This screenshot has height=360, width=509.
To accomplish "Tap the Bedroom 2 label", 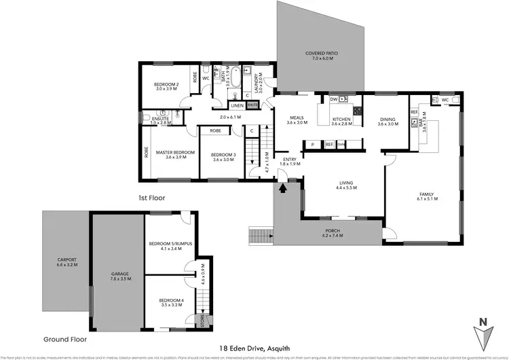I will pyautogui.click(x=166, y=86).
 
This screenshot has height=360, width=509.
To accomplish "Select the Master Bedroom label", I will pyautogui.click(x=175, y=155).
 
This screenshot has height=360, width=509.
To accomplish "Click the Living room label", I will pyautogui.click(x=347, y=184).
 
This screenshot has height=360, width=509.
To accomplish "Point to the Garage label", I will pyautogui.click(x=119, y=276).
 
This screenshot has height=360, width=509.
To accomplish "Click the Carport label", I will pyautogui.click(x=67, y=262).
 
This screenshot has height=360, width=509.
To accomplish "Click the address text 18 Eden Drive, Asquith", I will pyautogui.click(x=254, y=348).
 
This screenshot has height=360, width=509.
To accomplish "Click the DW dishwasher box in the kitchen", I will pyautogui.click(x=333, y=99).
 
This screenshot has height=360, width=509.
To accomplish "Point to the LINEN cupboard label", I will pyautogui.click(x=237, y=106).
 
